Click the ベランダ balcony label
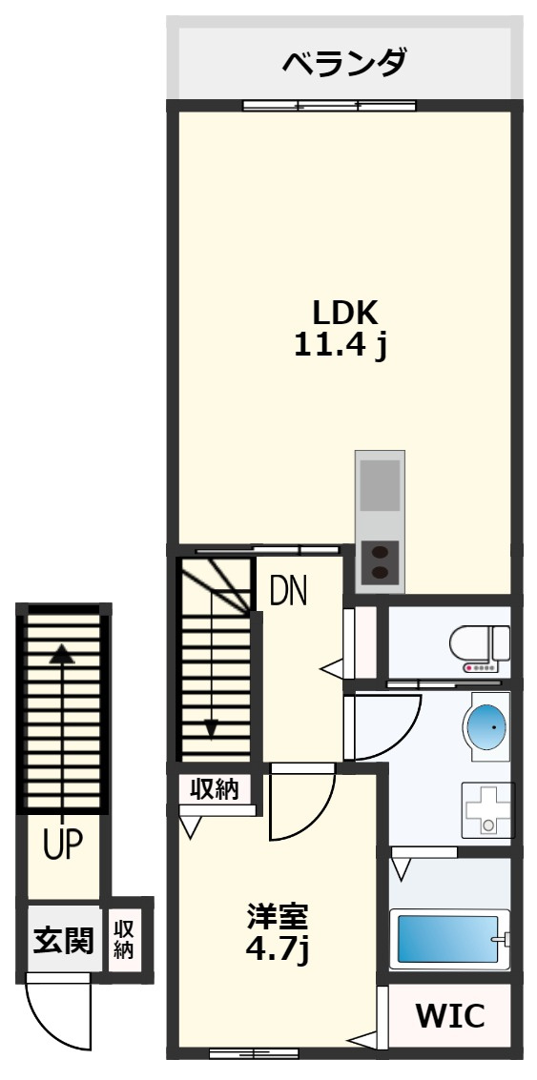[344, 63]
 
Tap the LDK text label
[345, 314]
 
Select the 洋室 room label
[279, 917]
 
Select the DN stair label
[288, 590]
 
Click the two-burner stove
[380, 561]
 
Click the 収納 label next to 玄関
[124, 940]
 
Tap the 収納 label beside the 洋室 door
[215, 788]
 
